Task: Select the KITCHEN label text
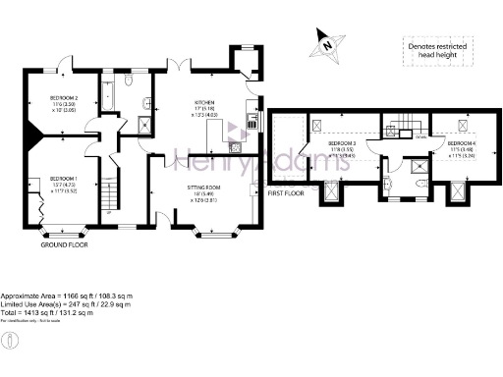204,102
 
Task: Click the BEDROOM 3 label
343,143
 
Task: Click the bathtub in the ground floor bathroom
109,94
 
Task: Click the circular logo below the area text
9,341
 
